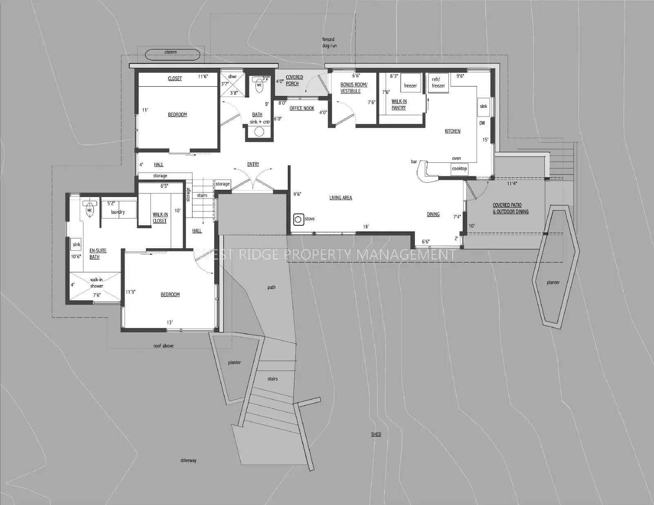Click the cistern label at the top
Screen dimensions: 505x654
click(x=170, y=52)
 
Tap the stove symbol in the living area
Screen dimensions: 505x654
click(x=298, y=219)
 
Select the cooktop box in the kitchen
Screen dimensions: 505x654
click(x=459, y=168)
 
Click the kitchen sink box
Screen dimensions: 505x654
click(x=484, y=106)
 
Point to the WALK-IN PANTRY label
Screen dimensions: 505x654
click(x=399, y=105)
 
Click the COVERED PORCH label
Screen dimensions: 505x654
click(x=294, y=81)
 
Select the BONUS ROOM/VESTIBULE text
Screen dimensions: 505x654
click(x=354, y=88)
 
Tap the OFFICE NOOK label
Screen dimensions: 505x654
click(x=302, y=108)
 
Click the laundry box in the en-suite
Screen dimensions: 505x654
click(x=118, y=211)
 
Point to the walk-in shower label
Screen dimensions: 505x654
click(x=96, y=283)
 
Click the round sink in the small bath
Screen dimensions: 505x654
click(x=259, y=132)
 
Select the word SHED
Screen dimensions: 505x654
click(x=376, y=434)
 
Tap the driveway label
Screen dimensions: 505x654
click(x=188, y=460)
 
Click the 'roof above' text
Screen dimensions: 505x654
click(x=163, y=346)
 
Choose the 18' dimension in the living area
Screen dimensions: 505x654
click(x=366, y=227)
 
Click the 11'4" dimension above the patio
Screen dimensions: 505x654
click(x=512, y=184)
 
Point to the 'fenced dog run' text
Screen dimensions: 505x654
click(x=329, y=43)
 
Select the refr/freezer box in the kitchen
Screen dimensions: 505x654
click(x=438, y=83)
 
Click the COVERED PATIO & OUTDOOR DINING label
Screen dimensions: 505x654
click(x=510, y=209)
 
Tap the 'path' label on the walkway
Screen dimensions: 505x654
click(x=271, y=287)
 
